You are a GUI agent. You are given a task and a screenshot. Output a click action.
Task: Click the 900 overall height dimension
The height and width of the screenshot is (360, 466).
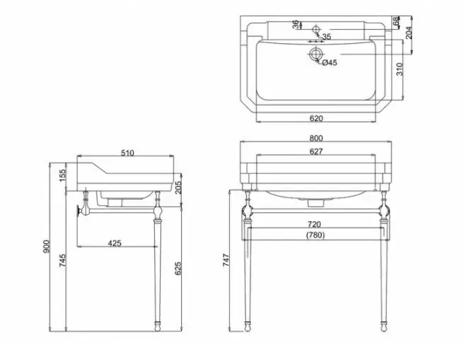pos(47,246)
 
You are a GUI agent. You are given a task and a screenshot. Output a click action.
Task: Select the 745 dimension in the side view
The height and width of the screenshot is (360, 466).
pos(62,260)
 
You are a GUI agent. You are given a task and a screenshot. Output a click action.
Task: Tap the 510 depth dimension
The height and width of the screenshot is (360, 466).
pos(127,153)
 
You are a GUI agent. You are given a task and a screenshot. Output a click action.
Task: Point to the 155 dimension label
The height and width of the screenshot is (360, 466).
pos(62,175)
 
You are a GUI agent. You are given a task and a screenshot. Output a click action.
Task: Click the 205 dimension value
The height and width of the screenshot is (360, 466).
pos(178,187)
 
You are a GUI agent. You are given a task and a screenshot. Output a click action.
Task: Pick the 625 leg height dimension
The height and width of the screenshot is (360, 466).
pos(177,269)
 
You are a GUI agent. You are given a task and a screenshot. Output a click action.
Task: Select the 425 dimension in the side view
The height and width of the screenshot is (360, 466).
pos(115,243)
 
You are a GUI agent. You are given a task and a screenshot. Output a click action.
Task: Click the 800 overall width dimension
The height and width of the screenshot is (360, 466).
pos(316,138)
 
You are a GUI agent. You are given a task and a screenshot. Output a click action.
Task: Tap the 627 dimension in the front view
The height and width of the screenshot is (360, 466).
pos(316,151)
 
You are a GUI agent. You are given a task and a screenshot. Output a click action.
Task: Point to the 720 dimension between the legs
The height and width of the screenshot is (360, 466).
pos(315,223)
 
